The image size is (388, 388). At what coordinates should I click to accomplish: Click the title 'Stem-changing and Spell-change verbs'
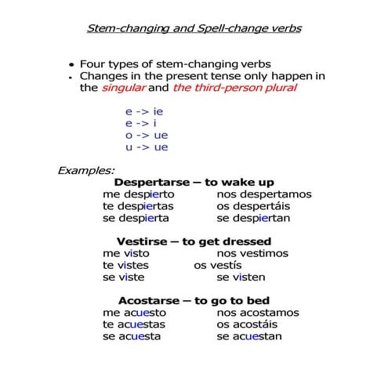tap(193, 29)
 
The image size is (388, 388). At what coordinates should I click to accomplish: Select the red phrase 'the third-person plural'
tap(234, 88)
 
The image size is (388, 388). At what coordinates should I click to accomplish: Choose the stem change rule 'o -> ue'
tap(147, 135)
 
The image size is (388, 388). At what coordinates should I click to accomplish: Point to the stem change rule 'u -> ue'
tap(147, 147)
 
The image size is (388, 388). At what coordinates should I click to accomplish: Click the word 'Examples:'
tap(86, 169)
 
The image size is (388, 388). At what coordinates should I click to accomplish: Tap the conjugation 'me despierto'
tap(139, 194)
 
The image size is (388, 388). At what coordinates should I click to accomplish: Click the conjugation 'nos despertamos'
tap(264, 194)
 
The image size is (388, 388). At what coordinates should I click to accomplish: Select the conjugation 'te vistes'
tap(125, 265)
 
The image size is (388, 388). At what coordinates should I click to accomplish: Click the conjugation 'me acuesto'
tap(135, 313)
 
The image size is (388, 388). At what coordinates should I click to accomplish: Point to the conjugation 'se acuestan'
tap(249, 336)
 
